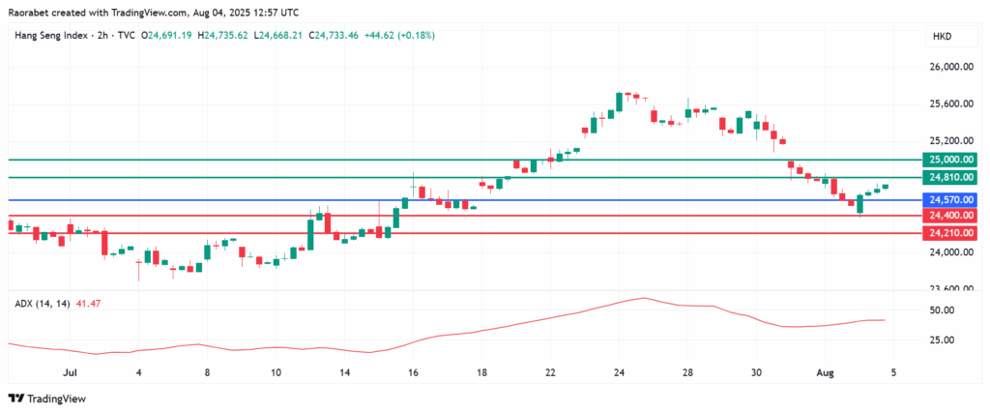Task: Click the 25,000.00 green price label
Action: pos(949,160)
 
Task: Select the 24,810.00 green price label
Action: pos(949,178)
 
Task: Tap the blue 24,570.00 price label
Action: pos(949,200)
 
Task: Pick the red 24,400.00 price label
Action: pos(949,216)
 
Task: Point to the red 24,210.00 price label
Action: pos(949,233)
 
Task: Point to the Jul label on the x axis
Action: pos(69,371)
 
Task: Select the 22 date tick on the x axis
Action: pos(550,371)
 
